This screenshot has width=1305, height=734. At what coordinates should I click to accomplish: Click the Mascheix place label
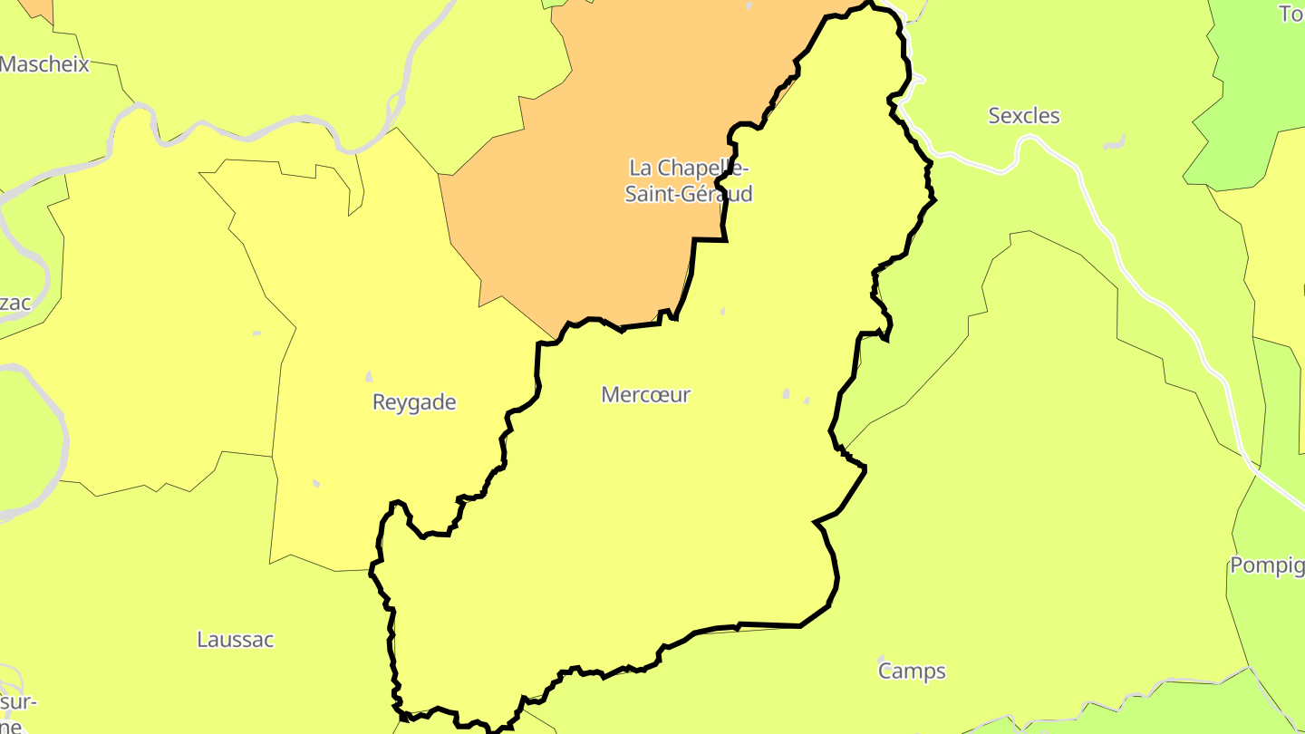pos(45,64)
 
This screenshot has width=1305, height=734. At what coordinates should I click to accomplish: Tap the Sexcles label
pos(1024,116)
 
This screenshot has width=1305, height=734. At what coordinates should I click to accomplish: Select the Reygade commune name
pos(414,402)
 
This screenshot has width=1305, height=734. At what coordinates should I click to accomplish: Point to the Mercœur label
pos(646,395)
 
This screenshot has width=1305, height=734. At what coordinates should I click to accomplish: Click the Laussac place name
pos(236,640)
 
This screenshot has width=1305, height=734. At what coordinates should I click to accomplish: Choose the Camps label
pos(912,671)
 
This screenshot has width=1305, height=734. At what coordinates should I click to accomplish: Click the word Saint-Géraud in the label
pos(689,194)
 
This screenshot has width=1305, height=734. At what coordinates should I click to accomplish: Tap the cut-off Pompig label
pos(1267,565)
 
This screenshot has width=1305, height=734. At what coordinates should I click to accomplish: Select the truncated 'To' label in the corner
pos(1290,14)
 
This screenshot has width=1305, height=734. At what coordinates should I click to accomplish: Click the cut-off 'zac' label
pos(15,303)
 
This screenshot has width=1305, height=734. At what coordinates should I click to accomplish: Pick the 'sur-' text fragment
pos(18,703)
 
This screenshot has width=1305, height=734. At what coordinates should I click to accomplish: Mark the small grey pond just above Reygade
pos(369,376)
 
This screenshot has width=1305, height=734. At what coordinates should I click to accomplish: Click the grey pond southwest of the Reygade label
pos(316,483)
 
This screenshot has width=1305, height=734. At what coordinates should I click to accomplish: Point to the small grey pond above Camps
pos(881,658)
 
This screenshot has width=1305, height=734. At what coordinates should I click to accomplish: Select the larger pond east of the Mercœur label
pos(787,394)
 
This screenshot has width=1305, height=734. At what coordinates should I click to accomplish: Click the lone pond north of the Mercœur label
pos(723,311)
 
